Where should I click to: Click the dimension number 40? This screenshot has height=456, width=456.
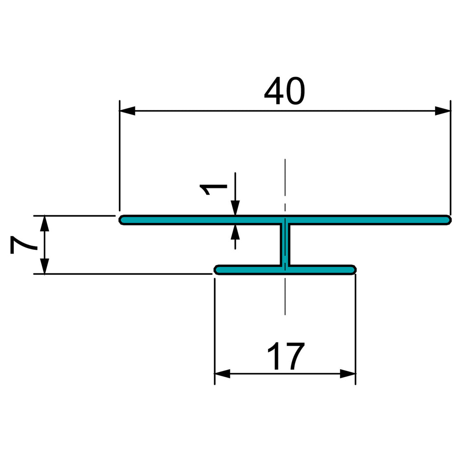pyautogui.click(x=285, y=91)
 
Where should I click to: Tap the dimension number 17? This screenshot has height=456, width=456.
pyautogui.click(x=285, y=356)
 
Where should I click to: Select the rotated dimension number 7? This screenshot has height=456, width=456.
pyautogui.click(x=24, y=245)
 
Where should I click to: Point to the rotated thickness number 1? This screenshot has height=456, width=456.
pyautogui.click(x=213, y=189)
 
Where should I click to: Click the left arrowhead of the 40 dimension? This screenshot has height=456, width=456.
pyautogui.click(x=127, y=111)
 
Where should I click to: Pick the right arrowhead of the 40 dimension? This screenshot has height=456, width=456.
pyautogui.click(x=443, y=111)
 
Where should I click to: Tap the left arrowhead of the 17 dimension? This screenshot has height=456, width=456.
pyautogui.click(x=223, y=374)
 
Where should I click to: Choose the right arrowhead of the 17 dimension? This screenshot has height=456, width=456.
pyautogui.click(x=347, y=374)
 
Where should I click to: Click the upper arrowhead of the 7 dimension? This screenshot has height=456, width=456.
pyautogui.click(x=44, y=224)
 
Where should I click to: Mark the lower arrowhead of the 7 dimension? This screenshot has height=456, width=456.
pyautogui.click(x=44, y=266)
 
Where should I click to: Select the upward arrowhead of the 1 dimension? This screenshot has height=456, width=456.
pyautogui.click(x=235, y=232)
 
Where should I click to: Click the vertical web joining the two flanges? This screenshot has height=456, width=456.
pyautogui.click(x=285, y=245)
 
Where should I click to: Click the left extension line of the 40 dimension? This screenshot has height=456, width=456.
pyautogui.click(x=119, y=155)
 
